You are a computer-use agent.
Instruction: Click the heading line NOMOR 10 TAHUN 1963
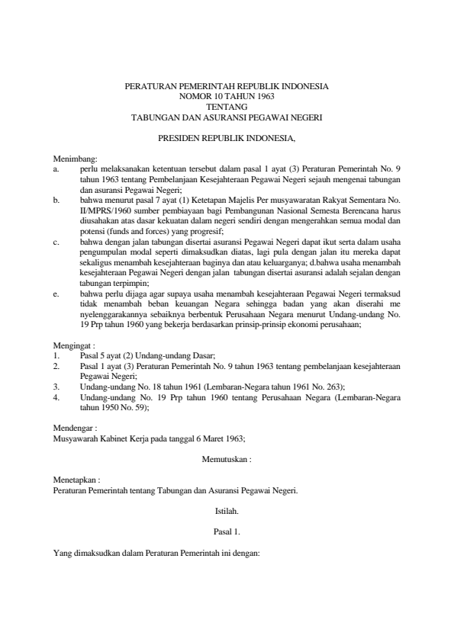click(226, 98)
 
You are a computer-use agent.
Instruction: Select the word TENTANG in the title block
click(226, 108)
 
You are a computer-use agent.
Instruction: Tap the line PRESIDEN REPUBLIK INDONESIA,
click(226, 140)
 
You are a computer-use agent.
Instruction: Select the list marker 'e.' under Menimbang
click(56, 292)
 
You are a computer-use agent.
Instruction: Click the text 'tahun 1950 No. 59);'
click(114, 408)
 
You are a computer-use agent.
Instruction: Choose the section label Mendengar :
click(75, 429)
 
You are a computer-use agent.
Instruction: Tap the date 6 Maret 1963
click(220, 440)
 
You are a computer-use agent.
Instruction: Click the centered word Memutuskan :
click(226, 461)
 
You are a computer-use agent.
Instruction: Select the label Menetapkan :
click(77, 481)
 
